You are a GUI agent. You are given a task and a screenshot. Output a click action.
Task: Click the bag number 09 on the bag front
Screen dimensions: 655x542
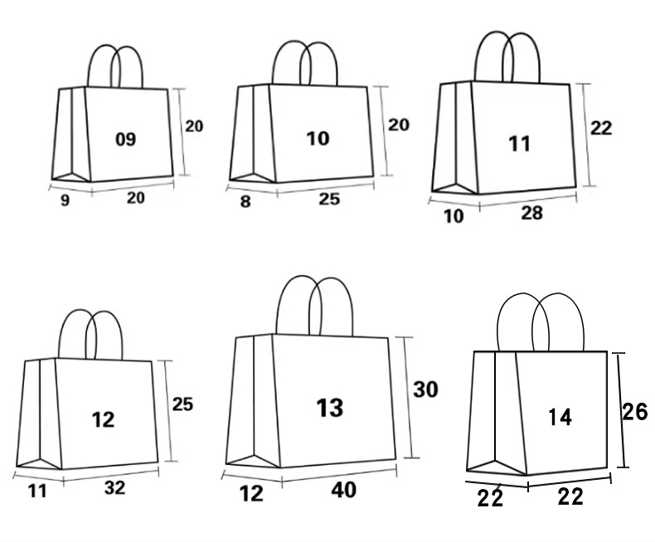pyautogui.click(x=125, y=139)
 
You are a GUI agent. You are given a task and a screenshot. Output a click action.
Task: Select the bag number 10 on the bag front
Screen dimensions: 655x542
pyautogui.click(x=318, y=138)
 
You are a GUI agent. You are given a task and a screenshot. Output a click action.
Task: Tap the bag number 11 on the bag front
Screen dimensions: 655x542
pyautogui.click(x=519, y=143)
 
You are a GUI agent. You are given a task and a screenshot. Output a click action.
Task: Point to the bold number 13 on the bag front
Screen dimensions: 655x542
pyautogui.click(x=329, y=407)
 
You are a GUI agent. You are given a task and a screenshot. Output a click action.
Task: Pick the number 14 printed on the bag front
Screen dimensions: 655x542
pyautogui.click(x=560, y=418)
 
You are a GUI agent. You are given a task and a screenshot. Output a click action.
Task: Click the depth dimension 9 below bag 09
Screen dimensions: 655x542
pyautogui.click(x=65, y=201)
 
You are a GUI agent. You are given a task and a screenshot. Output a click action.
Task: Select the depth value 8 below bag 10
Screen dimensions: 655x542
pyautogui.click(x=245, y=201)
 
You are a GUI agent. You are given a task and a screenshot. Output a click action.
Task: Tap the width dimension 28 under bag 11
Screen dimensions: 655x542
pyautogui.click(x=531, y=213)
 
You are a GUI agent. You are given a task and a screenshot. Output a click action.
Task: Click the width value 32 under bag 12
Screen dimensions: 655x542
pyautogui.click(x=115, y=487)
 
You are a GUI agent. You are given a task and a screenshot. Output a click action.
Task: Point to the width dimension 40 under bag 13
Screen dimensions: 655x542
pyautogui.click(x=343, y=490)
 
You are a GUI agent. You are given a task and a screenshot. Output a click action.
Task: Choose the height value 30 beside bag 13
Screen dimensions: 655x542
pyautogui.click(x=425, y=389)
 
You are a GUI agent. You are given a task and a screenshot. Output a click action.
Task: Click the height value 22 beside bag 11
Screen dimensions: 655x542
pyautogui.click(x=601, y=128)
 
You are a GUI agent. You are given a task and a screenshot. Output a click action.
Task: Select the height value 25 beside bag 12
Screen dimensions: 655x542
pyautogui.click(x=182, y=404)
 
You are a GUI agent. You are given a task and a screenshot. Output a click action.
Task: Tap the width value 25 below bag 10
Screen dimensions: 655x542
pyautogui.click(x=328, y=199)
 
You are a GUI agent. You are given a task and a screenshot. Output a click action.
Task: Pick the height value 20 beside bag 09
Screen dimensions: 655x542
pyautogui.click(x=193, y=126)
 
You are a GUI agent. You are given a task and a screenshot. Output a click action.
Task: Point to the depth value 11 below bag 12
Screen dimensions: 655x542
pyautogui.click(x=37, y=491)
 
